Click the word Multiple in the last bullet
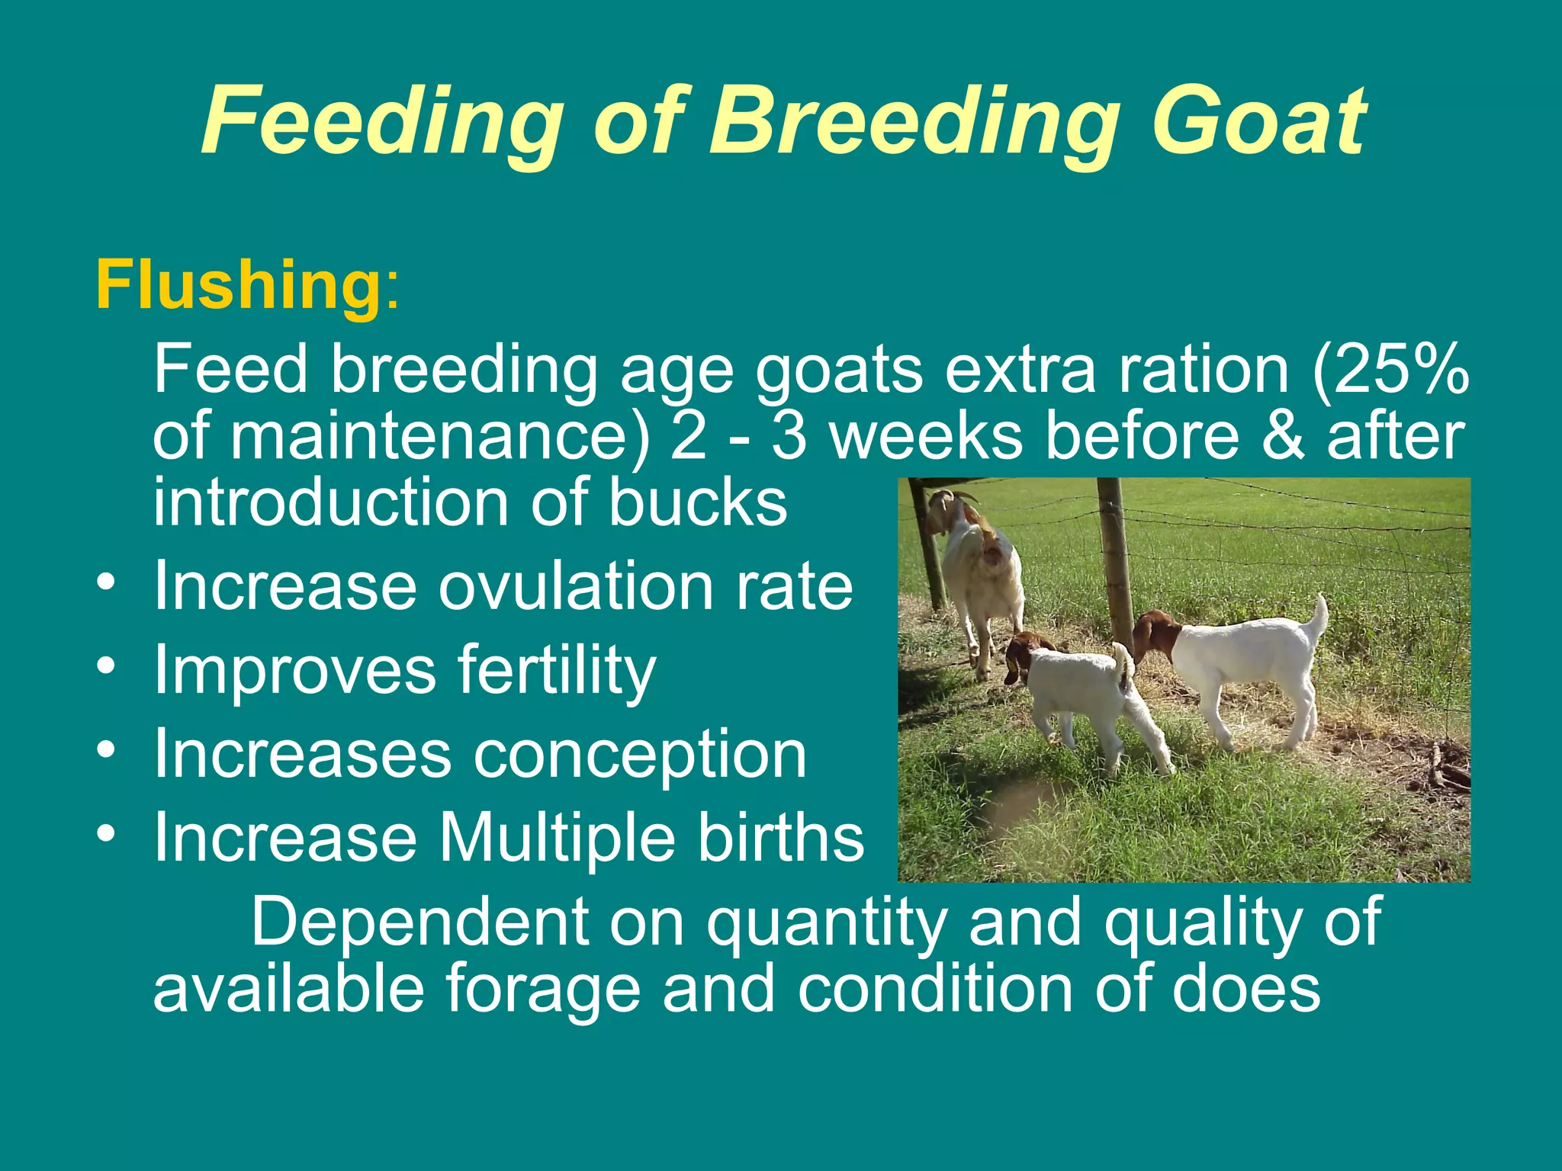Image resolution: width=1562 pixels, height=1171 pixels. pyautogui.click(x=556, y=837)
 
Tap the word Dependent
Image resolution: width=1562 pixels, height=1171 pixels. pyautogui.click(x=419, y=922)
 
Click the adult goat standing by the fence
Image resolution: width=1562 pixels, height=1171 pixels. pyautogui.click(x=980, y=579)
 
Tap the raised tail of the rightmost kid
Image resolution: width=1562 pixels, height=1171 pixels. pyautogui.click(x=1318, y=618)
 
